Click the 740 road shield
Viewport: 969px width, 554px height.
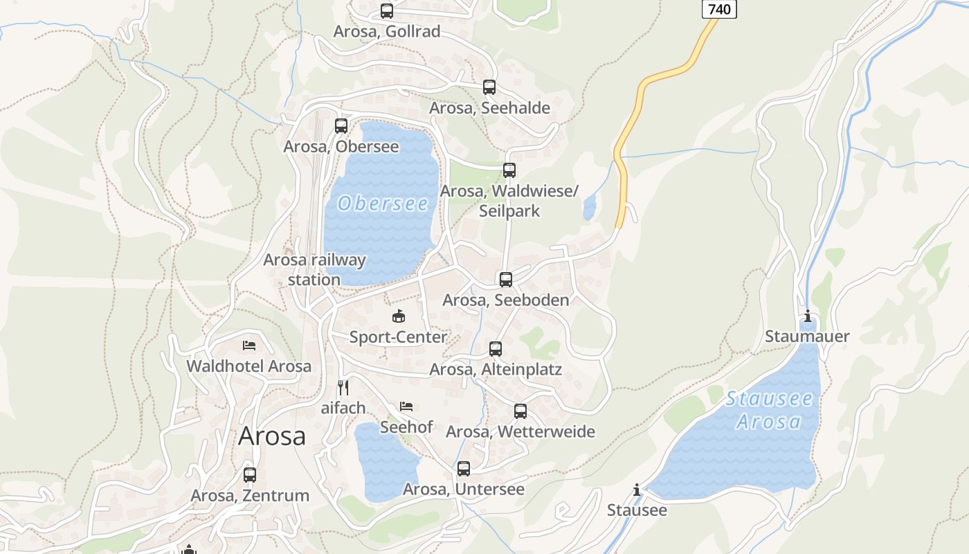720,8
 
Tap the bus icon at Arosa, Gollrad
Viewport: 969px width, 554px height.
387,11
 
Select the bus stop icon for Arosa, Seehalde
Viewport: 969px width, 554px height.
489,87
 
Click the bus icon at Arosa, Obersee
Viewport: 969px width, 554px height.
341,126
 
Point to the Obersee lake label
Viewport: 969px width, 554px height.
383,204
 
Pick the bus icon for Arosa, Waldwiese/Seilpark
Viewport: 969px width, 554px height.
509,170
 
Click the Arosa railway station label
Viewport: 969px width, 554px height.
315,269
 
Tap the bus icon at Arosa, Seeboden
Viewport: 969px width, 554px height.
506,280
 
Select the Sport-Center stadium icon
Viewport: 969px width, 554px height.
399,316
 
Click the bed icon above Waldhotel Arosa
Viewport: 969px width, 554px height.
249,345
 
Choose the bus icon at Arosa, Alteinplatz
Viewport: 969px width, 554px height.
496,349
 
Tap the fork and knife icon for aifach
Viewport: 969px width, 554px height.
343,387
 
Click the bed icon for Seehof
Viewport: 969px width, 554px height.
406,406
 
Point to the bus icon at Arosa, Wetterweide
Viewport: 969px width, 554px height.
520,411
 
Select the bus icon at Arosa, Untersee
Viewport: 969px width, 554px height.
464,469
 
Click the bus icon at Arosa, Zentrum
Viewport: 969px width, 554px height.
250,475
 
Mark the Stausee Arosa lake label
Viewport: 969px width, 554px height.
769,410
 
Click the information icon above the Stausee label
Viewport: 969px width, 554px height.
637,490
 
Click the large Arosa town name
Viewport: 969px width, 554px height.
272,436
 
